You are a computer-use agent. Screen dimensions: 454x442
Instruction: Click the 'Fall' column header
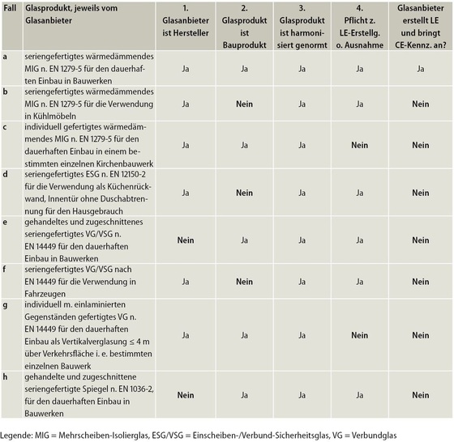click(x=10, y=8)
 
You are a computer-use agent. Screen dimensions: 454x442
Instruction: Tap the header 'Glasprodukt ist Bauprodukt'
click(x=244, y=27)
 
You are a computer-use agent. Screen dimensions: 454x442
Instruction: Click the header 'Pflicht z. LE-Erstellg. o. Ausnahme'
click(x=359, y=27)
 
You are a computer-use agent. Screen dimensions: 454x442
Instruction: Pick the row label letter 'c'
click(x=5, y=127)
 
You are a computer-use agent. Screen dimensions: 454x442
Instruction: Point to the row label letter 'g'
click(x=5, y=305)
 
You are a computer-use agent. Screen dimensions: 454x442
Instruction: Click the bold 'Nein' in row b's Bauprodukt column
click(x=244, y=104)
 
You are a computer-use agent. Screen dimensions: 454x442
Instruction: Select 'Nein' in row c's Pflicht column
click(x=360, y=145)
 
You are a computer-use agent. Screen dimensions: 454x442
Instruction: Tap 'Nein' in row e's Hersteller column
click(x=186, y=240)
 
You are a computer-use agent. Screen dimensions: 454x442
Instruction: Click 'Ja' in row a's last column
click(x=421, y=69)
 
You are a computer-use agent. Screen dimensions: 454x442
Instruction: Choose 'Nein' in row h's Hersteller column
click(x=186, y=395)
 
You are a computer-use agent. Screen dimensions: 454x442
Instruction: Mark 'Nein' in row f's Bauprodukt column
click(x=244, y=282)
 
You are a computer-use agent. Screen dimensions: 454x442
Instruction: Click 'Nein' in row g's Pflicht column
click(x=360, y=335)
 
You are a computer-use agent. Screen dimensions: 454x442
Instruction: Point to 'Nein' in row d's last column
click(x=421, y=193)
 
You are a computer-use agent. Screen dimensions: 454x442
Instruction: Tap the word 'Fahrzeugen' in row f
click(x=45, y=294)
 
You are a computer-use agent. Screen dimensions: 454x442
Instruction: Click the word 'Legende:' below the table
click(x=16, y=436)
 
